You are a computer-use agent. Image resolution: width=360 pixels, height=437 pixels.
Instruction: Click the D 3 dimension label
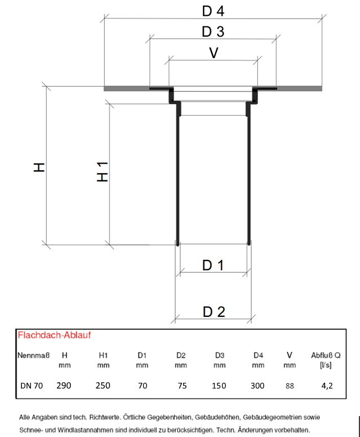tap(214, 32)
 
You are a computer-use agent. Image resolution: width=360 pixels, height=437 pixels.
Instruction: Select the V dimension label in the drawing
tap(214, 52)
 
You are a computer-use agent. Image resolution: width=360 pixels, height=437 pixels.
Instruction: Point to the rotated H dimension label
tap(39, 167)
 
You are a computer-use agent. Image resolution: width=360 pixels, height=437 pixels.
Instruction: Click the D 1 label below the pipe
tap(214, 266)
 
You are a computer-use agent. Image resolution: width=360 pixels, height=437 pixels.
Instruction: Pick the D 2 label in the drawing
tap(214, 311)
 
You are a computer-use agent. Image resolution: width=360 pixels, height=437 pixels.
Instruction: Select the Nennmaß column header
tap(34, 355)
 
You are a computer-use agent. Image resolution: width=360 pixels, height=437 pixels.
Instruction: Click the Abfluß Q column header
tap(326, 355)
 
